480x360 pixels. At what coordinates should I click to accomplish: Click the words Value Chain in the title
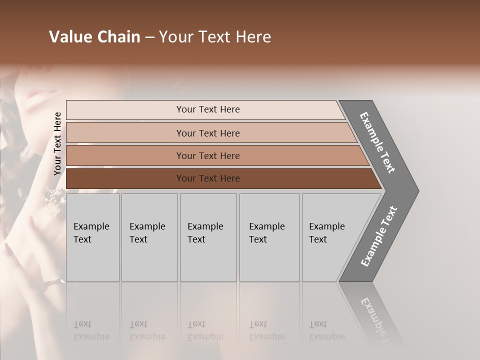94,37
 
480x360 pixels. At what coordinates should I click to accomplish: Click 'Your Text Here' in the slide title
215,37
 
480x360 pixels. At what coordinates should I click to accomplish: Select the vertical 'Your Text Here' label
57,144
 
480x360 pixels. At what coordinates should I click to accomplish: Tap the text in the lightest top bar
208,109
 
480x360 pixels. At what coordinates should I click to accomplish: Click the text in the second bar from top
208,133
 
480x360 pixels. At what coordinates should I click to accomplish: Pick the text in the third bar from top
208,156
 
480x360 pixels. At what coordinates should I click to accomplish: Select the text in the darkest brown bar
208,178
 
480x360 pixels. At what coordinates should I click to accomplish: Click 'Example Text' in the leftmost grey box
91,233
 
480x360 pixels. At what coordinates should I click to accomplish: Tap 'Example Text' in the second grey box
147,233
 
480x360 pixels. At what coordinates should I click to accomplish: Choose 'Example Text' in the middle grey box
205,233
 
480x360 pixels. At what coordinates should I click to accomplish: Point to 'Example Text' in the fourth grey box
266,233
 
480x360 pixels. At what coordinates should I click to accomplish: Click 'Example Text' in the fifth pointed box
326,233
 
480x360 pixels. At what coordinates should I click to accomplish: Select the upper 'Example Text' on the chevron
377,142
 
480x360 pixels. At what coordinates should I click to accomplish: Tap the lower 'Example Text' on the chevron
378,236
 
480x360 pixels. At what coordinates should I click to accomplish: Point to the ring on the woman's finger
51,283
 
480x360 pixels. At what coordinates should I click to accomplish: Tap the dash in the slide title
149,37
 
